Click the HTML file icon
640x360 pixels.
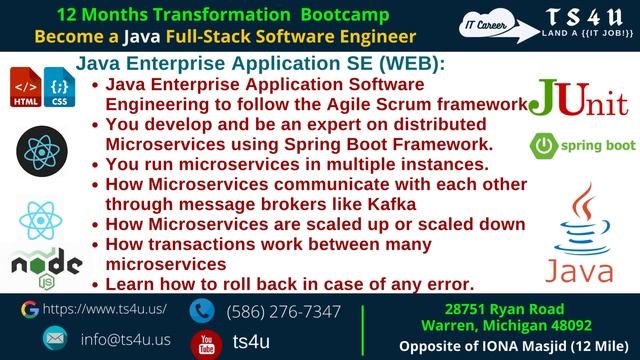[x=25, y=89]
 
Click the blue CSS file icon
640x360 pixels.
[x=59, y=89]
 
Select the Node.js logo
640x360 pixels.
[x=44, y=265]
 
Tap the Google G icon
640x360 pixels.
[x=29, y=310]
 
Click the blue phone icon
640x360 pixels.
[x=204, y=311]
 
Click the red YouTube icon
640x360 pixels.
[x=205, y=342]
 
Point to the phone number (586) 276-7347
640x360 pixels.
[x=283, y=311]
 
